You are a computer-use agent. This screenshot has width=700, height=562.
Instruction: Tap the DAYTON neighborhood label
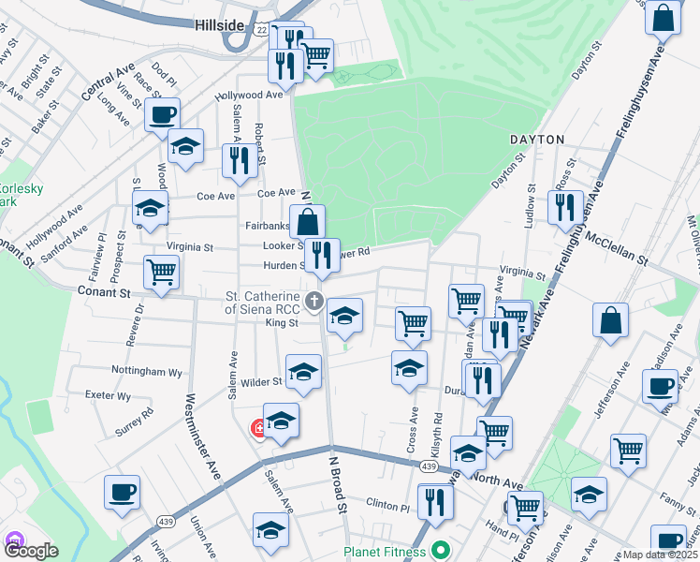(537, 140)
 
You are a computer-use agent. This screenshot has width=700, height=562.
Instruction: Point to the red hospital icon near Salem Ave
(257, 429)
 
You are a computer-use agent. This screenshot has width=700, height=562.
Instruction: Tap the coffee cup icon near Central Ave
(162, 116)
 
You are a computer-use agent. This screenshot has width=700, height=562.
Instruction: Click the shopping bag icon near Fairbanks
(307, 223)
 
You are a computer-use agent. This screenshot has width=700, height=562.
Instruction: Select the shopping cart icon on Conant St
(161, 273)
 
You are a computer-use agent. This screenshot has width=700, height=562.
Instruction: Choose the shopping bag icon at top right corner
(663, 18)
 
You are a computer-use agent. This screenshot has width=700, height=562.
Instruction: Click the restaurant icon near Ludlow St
(563, 207)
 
